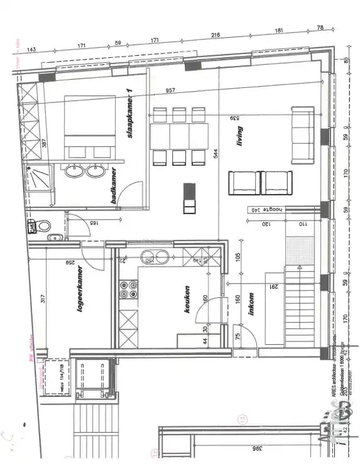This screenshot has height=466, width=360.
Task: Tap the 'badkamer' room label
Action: click(x=114, y=187)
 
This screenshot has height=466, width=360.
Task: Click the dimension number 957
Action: click(x=170, y=91)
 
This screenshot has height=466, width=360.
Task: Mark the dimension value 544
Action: click(x=215, y=153)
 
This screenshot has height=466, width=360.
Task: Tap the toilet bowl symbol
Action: click(x=42, y=225)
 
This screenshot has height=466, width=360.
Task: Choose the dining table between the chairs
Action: click(x=179, y=136)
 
